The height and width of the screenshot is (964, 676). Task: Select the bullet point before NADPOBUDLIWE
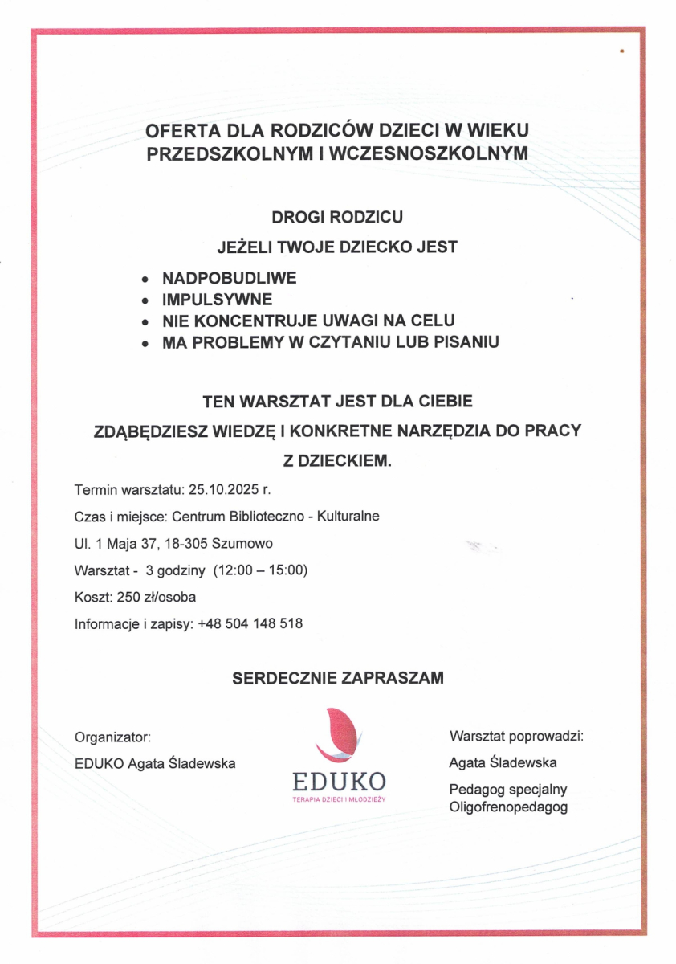[x=144, y=280]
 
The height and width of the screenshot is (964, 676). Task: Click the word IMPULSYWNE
[x=218, y=300]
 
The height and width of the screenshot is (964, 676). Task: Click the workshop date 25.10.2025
[x=218, y=488]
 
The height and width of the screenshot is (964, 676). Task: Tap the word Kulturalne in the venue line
[x=348, y=516]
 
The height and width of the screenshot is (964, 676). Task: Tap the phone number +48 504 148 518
[x=250, y=623]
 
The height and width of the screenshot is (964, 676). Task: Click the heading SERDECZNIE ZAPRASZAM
[x=337, y=679]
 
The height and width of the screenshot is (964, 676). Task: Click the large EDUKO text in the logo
[x=338, y=781]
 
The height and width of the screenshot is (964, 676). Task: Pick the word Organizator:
[x=113, y=737]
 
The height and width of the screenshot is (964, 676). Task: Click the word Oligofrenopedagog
[x=509, y=807]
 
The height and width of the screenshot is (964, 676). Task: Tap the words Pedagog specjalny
[x=508, y=790]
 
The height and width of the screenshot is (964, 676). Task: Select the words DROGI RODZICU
[x=337, y=217]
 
